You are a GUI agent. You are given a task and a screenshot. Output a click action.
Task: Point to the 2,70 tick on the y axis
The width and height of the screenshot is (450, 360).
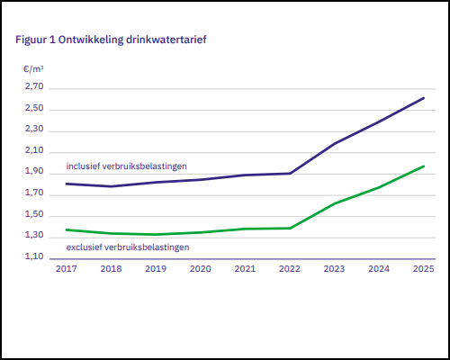(33, 87)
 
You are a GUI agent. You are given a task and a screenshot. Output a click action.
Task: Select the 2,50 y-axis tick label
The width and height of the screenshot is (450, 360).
(33, 109)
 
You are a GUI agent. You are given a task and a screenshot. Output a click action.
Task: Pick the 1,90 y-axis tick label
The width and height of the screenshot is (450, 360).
(33, 172)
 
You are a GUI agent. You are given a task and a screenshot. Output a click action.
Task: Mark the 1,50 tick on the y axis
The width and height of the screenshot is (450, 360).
(33, 215)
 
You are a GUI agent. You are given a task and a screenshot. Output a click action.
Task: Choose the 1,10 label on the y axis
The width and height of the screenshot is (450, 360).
(33, 257)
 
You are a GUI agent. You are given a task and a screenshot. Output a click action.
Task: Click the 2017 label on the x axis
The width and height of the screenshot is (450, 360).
(66, 268)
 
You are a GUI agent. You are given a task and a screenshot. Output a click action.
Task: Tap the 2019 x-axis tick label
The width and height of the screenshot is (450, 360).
(155, 268)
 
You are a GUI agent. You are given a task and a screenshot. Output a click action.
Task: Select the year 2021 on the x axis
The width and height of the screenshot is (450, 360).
(245, 268)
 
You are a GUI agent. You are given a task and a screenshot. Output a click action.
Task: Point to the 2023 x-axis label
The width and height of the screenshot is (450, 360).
(334, 268)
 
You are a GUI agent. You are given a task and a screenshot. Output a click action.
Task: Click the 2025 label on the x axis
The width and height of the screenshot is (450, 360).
(423, 268)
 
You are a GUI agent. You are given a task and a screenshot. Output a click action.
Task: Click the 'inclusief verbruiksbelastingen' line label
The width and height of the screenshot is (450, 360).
(127, 166)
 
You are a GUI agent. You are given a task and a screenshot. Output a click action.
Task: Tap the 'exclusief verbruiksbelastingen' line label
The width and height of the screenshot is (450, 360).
(127, 247)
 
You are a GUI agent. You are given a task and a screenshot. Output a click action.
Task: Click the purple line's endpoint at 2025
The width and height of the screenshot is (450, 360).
(424, 98)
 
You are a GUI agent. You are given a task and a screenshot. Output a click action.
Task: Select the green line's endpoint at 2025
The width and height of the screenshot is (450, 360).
(424, 166)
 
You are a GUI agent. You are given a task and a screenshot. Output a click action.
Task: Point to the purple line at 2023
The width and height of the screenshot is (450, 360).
(334, 143)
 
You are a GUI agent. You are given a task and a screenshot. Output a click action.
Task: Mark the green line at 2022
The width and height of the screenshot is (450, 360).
(290, 228)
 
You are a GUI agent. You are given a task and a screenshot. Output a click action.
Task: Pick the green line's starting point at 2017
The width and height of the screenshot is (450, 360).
(66, 229)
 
